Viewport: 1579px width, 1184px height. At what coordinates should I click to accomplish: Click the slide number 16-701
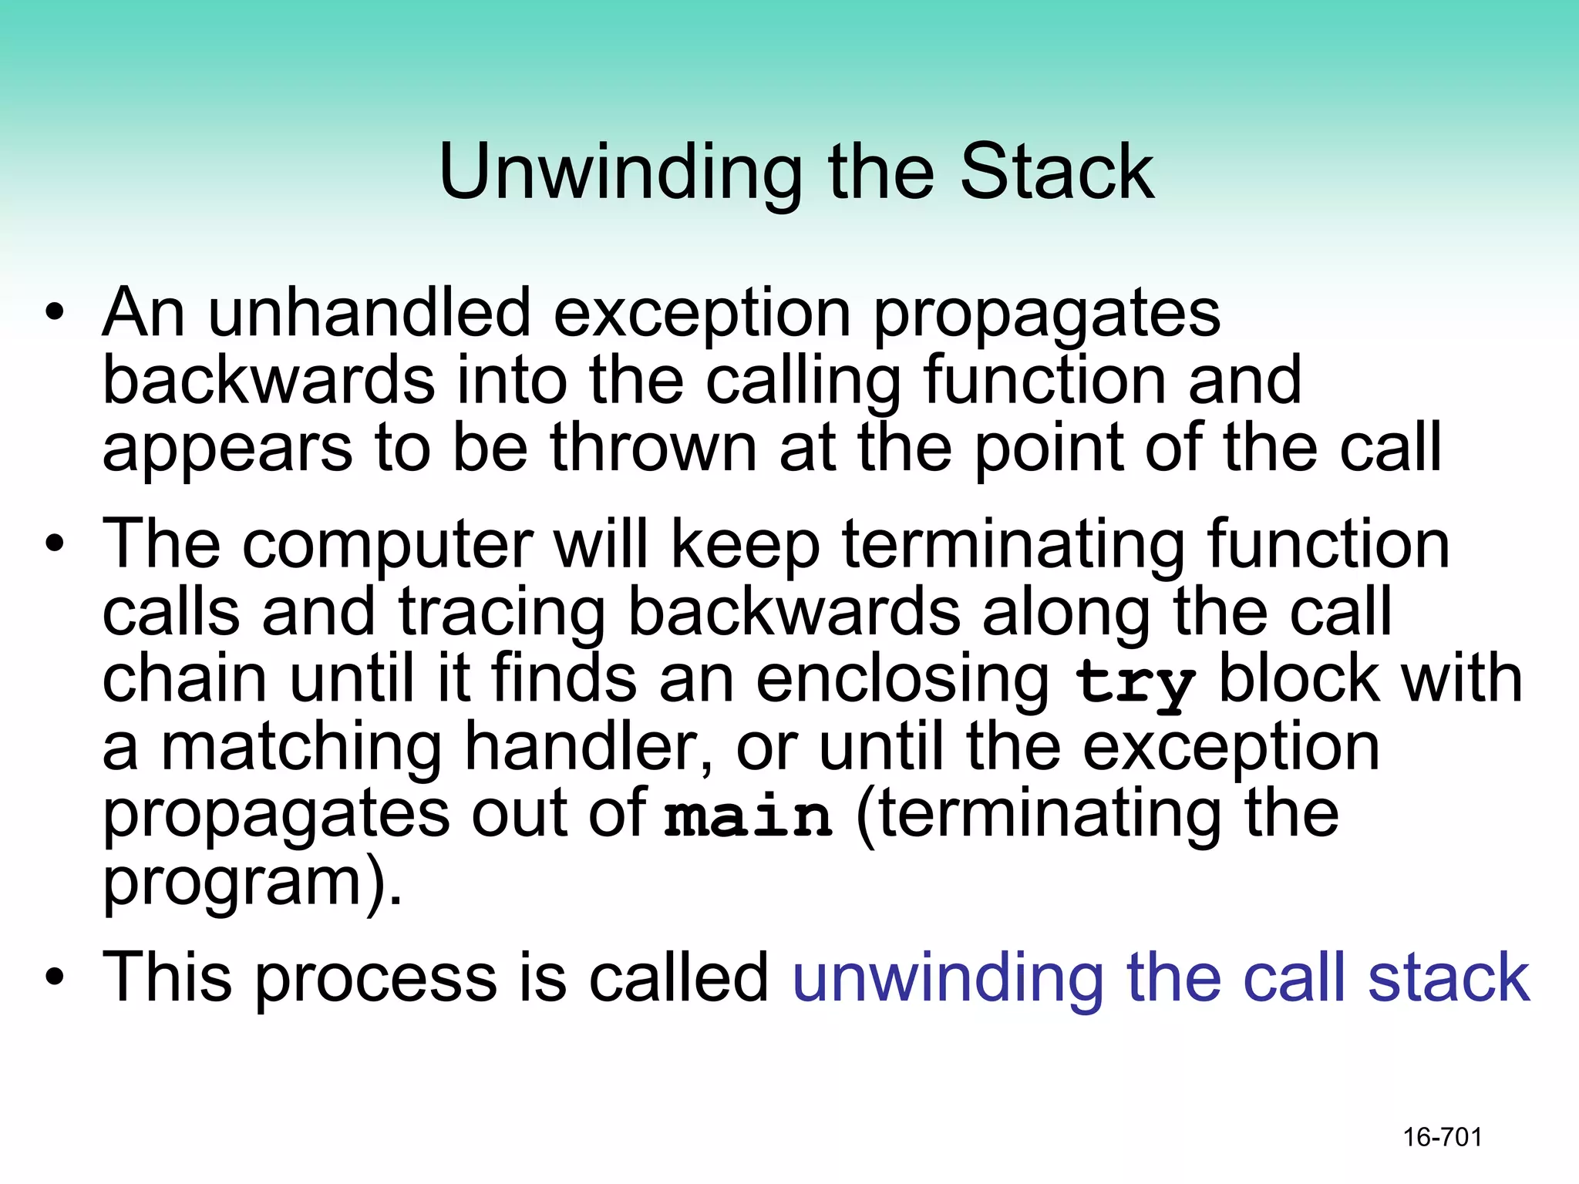[1442, 1137]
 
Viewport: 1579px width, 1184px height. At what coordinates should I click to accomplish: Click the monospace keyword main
[748, 817]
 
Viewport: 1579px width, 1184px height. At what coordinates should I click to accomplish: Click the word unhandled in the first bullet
[370, 313]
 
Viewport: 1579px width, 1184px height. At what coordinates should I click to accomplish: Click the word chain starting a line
[185, 678]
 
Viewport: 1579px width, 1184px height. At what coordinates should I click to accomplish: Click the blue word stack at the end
[1449, 977]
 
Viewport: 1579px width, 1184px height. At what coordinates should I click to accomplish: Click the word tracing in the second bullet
[502, 614]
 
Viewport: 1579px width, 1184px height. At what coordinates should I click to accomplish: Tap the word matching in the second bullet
[301, 748]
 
